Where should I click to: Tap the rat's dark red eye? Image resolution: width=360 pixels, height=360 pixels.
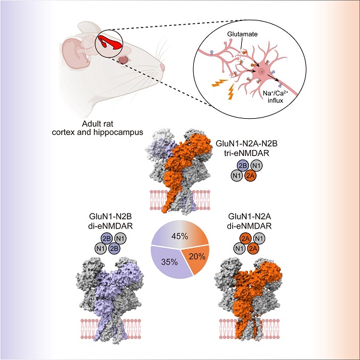coord(124,60)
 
